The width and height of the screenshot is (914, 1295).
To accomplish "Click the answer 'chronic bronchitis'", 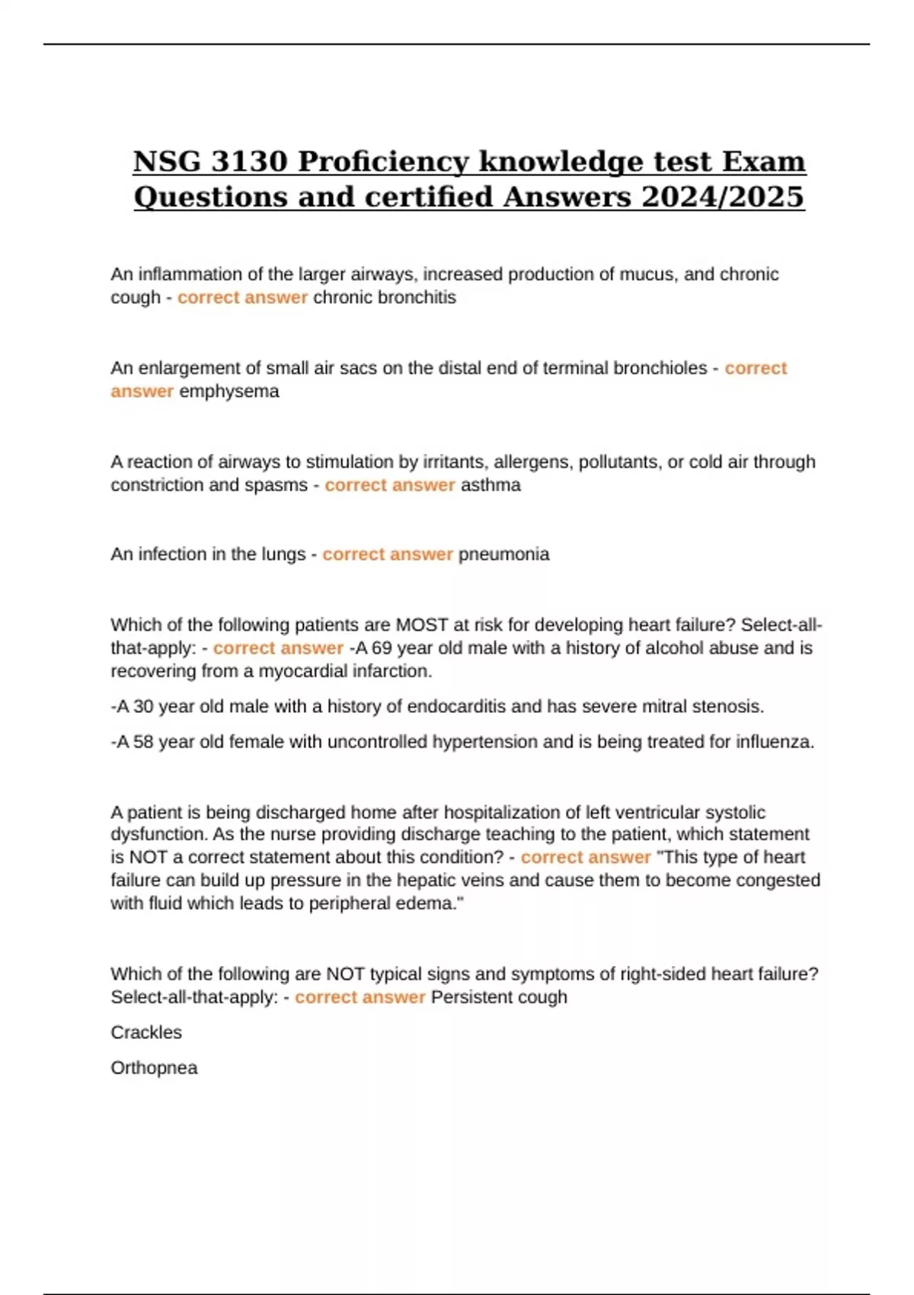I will [385, 297].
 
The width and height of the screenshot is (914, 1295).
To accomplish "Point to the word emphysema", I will [228, 391].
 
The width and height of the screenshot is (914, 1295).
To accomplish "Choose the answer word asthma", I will [491, 484].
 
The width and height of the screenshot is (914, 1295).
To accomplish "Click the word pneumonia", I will [503, 554].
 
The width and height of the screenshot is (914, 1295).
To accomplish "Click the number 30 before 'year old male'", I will [143, 706].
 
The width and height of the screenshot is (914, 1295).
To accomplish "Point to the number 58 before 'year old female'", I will [143, 741].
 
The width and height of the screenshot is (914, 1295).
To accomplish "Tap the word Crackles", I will [146, 1032].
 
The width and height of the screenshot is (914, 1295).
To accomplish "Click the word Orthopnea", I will [154, 1067].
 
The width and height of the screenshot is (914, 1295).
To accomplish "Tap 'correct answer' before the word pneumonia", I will [388, 554].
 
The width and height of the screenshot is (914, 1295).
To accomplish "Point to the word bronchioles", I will [660, 368].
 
